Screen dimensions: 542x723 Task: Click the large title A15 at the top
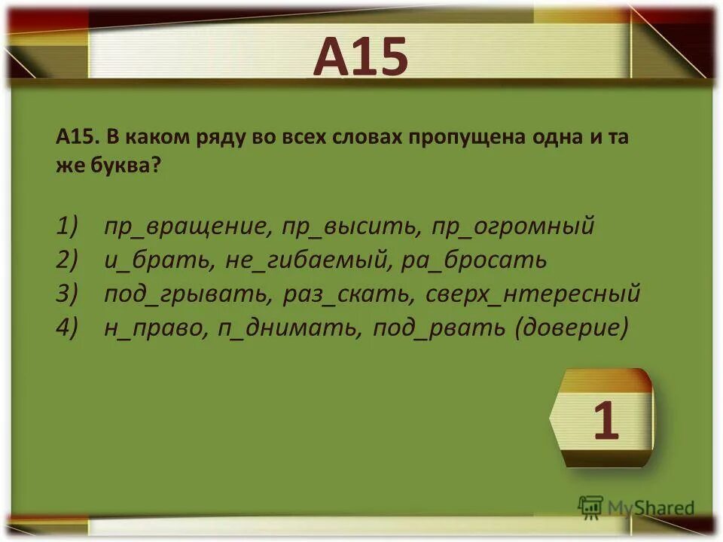pos(361,57)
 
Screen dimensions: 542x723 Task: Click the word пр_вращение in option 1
pos(188,226)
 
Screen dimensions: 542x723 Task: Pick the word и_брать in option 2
pos(159,260)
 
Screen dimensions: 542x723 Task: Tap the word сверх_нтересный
pos(533,294)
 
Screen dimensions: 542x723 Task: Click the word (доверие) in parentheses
pos(571,328)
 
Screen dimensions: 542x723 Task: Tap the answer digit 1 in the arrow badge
pos(606,421)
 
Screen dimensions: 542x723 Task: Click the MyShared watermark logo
pos(636,508)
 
